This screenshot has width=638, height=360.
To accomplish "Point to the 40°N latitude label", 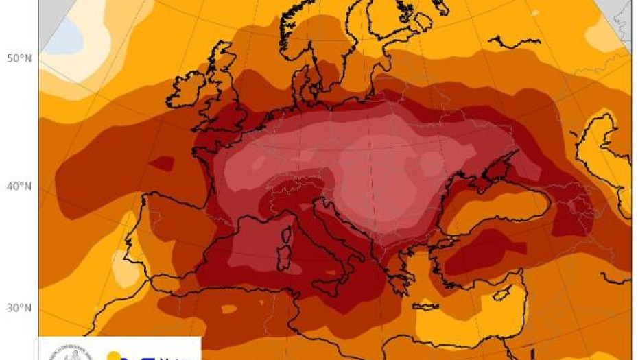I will pos(18,186).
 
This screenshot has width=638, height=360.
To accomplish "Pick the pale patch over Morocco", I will pos(123,270).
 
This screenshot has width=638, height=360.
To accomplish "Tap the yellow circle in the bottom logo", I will pos(115,355).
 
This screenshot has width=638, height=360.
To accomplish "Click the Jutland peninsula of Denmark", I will pos(302,86).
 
